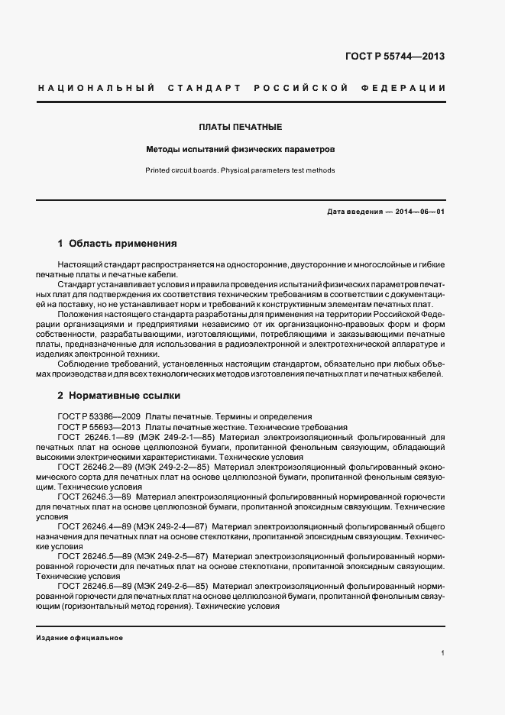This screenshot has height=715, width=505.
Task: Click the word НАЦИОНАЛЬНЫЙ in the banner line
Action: point(86,89)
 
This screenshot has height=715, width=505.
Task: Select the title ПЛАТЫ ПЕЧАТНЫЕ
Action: point(241,127)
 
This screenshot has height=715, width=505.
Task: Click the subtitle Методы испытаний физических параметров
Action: point(241,150)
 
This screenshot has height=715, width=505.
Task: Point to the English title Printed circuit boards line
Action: point(241,170)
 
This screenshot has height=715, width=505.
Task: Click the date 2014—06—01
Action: point(420,212)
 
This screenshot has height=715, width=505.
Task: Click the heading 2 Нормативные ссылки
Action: point(118,396)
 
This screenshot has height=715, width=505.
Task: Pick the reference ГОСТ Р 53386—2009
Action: point(99,416)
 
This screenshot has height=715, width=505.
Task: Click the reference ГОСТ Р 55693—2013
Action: point(99,426)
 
